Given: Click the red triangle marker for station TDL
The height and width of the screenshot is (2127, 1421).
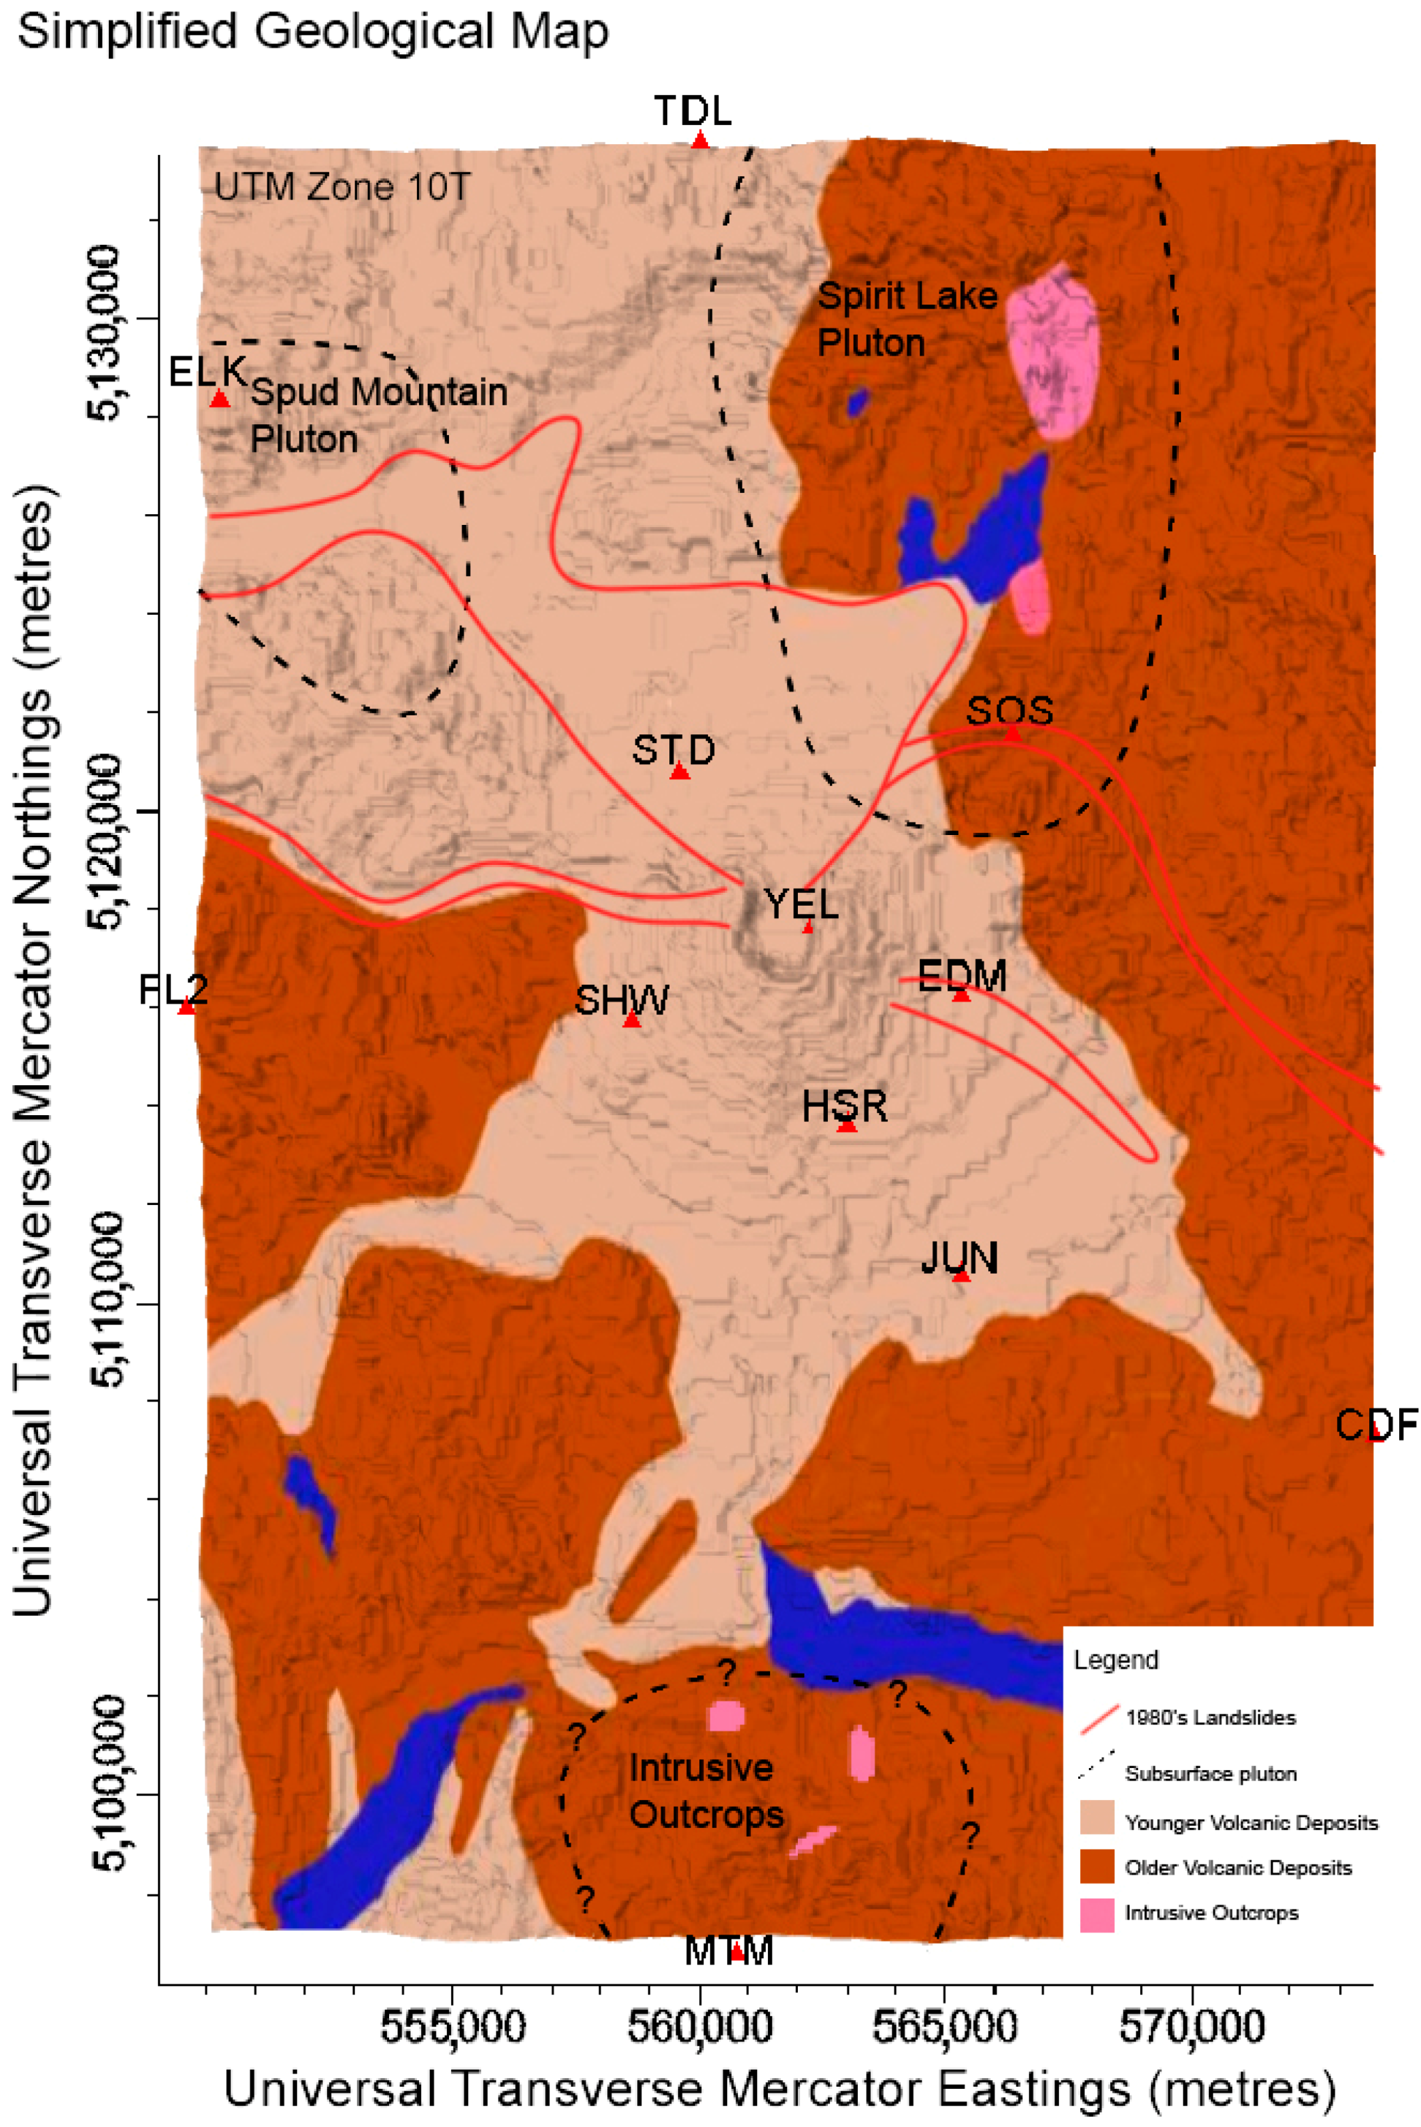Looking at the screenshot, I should [700, 140].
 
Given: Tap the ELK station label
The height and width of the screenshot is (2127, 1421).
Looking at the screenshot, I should [207, 371].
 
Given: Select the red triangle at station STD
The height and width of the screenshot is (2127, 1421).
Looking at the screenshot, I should [680, 772].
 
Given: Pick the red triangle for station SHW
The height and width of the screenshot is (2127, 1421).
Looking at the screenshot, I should [632, 1020].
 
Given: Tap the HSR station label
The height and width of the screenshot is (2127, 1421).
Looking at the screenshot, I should [843, 1106].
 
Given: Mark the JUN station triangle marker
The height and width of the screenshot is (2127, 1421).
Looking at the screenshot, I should [960, 1276].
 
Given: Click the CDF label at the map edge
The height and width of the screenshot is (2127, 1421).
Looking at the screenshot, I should [1375, 1426].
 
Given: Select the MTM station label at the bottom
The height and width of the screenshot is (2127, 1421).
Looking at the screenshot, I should [729, 1952].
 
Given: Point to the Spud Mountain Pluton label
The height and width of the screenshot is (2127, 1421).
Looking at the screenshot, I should [378, 415].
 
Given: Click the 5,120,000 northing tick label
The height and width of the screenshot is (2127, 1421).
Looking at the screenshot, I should [105, 842].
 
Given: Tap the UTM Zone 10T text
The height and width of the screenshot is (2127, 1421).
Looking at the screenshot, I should [341, 188].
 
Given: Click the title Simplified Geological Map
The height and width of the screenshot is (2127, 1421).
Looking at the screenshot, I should [313, 33].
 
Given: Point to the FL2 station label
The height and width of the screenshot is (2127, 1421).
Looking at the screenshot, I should [173, 989].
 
